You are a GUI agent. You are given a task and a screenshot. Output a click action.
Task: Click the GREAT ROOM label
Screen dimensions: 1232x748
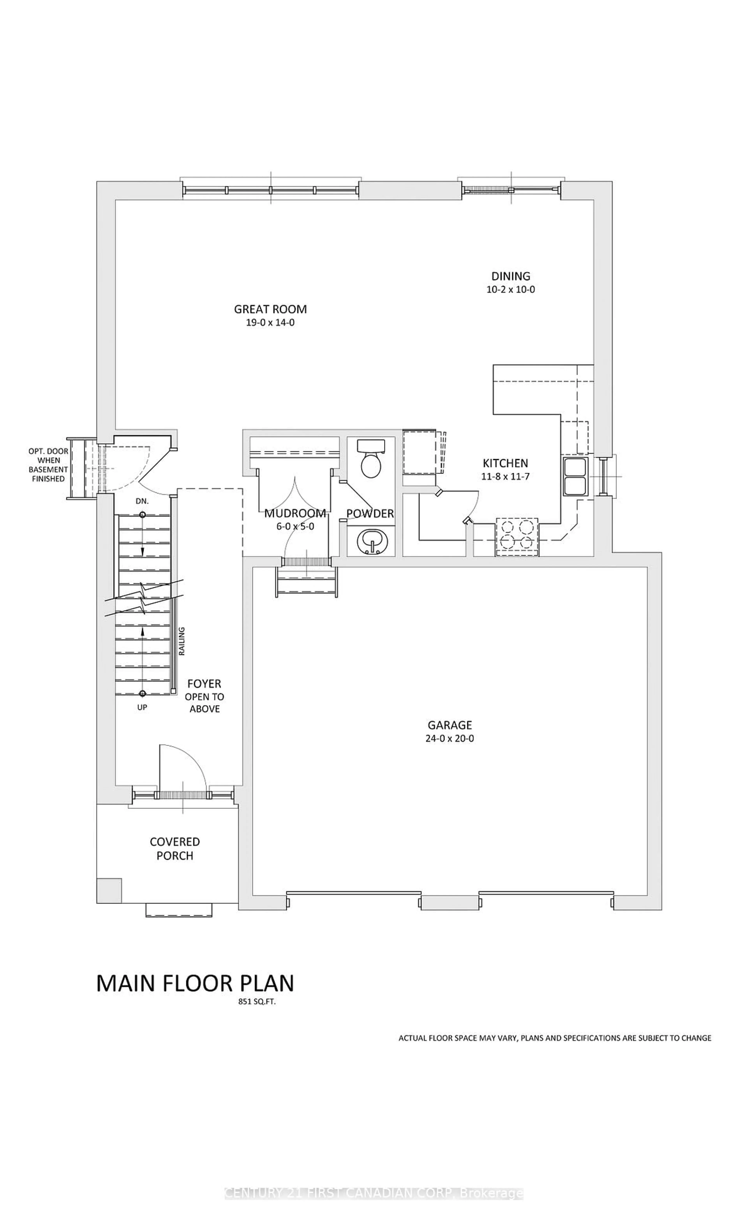270,309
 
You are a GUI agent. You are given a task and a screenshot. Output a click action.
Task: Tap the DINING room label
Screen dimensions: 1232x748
510,276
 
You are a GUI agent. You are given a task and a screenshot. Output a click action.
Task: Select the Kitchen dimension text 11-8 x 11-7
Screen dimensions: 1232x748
505,477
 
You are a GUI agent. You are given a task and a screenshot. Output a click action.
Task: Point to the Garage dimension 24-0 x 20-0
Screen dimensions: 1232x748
449,738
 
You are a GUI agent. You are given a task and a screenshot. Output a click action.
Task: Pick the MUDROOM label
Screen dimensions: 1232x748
295,513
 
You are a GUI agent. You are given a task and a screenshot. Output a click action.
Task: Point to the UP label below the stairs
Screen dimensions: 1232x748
142,707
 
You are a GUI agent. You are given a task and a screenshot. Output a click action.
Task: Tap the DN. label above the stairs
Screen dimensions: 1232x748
142,501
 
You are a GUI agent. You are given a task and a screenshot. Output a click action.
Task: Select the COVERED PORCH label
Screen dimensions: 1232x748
175,849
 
